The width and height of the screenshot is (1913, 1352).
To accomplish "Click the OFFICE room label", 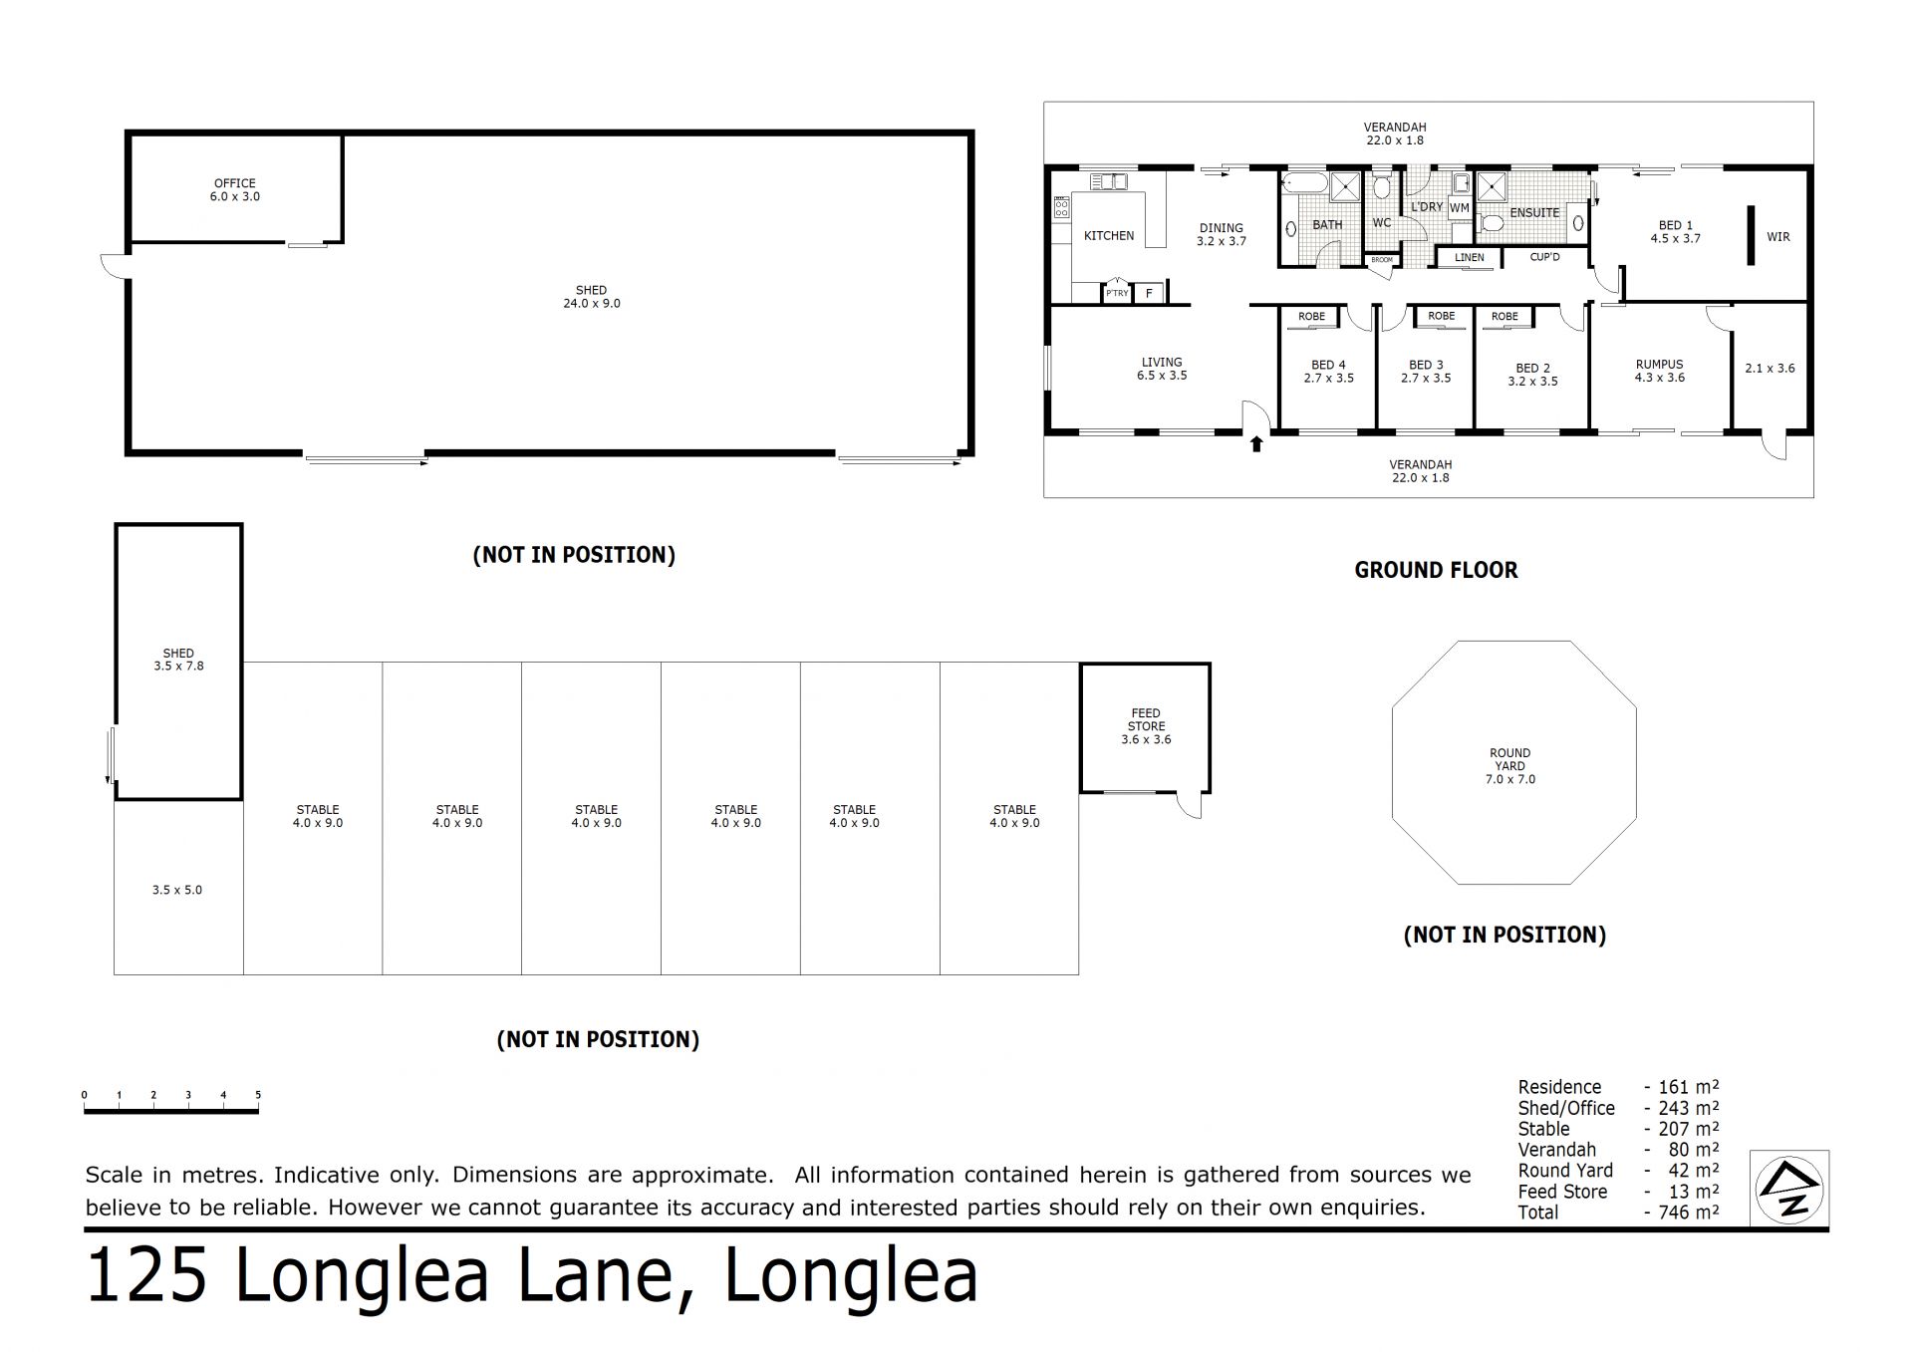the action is (235, 183).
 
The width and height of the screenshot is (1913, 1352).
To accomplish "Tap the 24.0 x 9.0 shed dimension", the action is (592, 303).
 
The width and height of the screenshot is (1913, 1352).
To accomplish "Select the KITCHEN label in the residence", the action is (1109, 236).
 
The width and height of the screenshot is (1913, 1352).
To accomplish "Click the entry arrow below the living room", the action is (1256, 442).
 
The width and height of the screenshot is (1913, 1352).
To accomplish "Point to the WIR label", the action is (1778, 237).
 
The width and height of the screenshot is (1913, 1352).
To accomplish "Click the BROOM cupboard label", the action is (1382, 260).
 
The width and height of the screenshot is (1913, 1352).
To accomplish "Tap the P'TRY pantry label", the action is (1117, 293).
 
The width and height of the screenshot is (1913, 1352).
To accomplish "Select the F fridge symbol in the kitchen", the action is (1149, 293).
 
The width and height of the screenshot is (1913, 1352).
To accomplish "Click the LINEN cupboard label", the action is (1470, 257).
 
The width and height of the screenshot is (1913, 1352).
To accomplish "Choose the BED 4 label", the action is (1328, 365).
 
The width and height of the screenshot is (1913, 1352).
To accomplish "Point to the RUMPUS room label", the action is (1659, 365).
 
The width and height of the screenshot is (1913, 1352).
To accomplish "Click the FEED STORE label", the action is (1146, 719).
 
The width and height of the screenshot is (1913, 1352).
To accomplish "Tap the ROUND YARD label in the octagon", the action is (1510, 759).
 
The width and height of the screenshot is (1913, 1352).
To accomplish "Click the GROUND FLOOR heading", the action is (1436, 570).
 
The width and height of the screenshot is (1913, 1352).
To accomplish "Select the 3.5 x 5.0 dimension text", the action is (177, 890).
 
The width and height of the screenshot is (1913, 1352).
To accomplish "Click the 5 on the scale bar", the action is (258, 1095).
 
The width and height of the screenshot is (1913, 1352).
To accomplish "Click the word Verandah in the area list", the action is (1557, 1150).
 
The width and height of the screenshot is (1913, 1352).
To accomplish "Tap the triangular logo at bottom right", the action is (1789, 1188).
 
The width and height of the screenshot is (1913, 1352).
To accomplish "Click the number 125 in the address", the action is (146, 1276).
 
